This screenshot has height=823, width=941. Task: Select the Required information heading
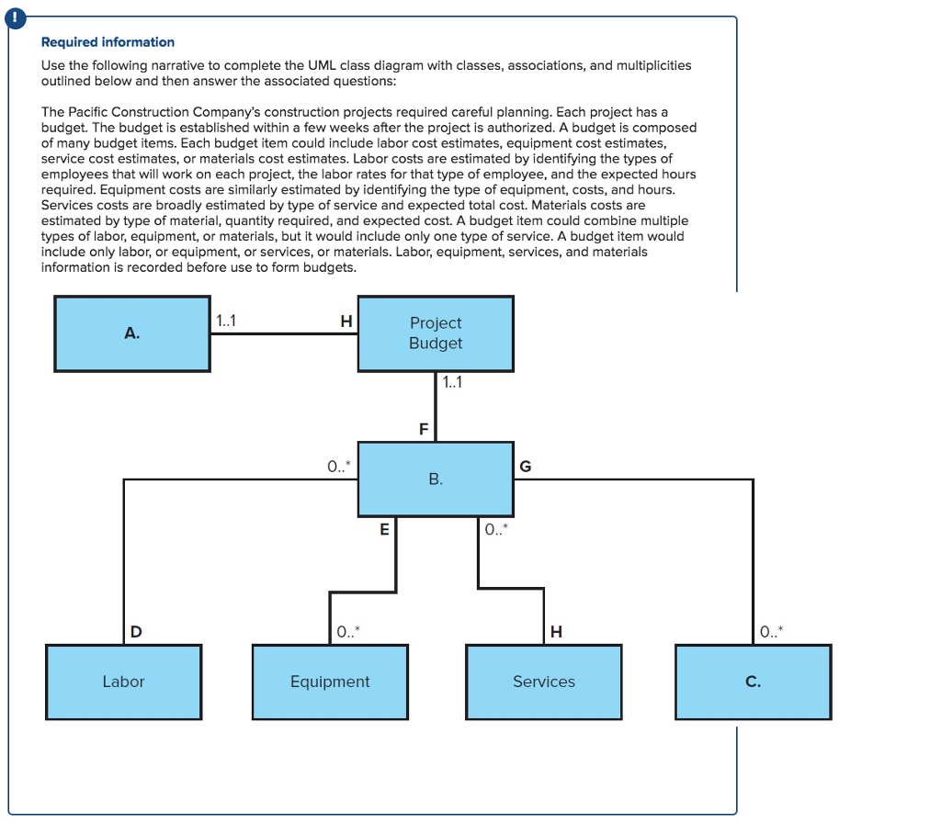108,42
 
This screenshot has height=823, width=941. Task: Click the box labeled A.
132,333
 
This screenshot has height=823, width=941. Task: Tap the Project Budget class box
436,333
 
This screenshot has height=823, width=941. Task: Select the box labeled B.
436,479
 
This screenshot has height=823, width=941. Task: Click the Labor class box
123,682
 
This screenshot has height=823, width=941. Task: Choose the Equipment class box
330,682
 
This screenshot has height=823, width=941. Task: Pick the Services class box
544,682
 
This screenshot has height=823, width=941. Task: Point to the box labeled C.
753,682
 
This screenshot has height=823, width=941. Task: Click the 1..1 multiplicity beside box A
225,321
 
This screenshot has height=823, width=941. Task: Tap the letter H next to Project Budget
346,321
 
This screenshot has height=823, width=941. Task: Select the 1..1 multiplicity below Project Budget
452,383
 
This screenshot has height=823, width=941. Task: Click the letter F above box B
424,429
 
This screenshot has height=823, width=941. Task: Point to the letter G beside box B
526,467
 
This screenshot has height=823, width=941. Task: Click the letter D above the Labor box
136,631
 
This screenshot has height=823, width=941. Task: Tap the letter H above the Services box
555,631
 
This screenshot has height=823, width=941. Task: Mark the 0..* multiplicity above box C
772,631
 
